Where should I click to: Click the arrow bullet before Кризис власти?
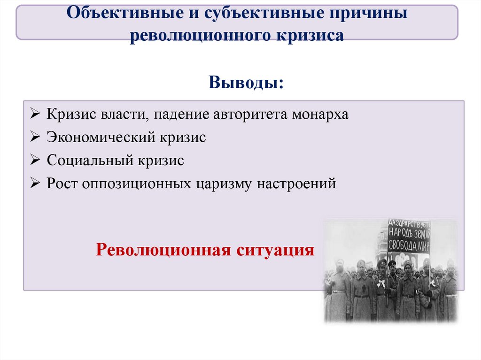37,115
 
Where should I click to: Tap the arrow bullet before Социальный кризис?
37,161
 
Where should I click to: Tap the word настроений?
296,184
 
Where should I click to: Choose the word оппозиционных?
137,184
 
